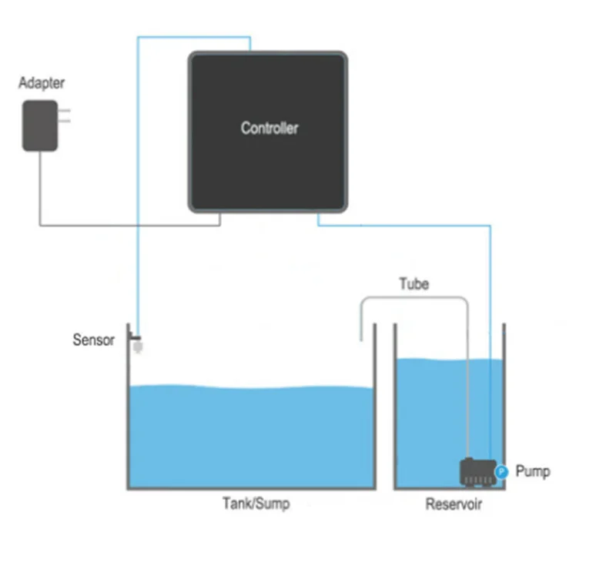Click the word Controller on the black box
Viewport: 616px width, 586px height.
click(x=269, y=128)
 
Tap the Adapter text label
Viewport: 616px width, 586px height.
click(x=42, y=83)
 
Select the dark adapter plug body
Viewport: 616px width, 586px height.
click(x=39, y=126)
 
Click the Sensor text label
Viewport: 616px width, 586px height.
click(x=93, y=340)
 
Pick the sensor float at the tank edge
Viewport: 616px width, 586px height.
click(x=139, y=347)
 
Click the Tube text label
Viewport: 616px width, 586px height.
click(x=413, y=284)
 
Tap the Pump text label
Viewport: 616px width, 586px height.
click(x=533, y=470)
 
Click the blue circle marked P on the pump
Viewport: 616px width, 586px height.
click(x=500, y=471)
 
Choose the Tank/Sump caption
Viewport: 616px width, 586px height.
click(x=256, y=504)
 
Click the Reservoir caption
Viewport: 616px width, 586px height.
click(x=454, y=505)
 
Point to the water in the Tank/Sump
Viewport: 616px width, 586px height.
click(x=250, y=435)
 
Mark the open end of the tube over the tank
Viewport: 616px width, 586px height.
click(x=360, y=337)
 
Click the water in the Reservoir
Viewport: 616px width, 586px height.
click(x=431, y=416)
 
